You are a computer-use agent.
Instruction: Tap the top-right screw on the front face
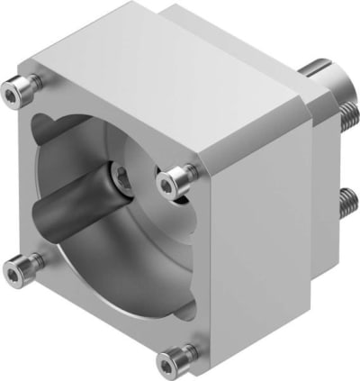click(172, 183)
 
